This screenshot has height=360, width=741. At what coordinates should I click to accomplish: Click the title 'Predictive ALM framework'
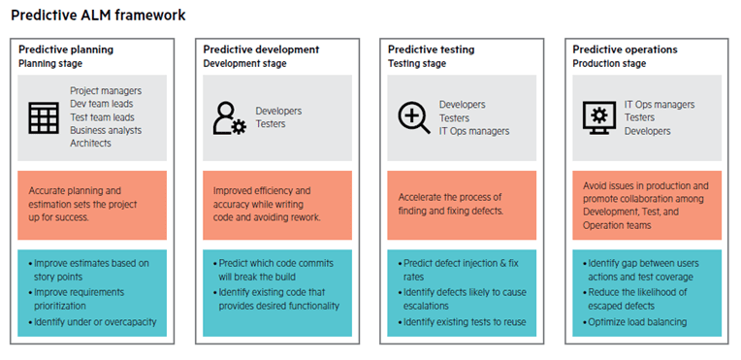click(x=98, y=16)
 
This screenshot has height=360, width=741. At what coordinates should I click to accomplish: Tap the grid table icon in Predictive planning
click(x=44, y=117)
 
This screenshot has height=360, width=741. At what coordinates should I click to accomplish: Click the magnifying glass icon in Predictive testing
click(x=413, y=117)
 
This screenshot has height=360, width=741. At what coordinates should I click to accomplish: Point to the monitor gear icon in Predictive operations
click(x=598, y=117)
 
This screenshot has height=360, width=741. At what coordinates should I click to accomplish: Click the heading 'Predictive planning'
click(x=65, y=49)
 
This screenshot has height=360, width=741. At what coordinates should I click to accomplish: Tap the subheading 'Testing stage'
click(x=417, y=63)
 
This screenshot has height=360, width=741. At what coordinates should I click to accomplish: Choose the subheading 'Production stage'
click(x=610, y=63)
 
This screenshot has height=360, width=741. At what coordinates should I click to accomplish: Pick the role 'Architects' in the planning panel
click(x=91, y=143)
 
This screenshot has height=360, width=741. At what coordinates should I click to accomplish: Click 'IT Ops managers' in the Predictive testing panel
click(x=473, y=130)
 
